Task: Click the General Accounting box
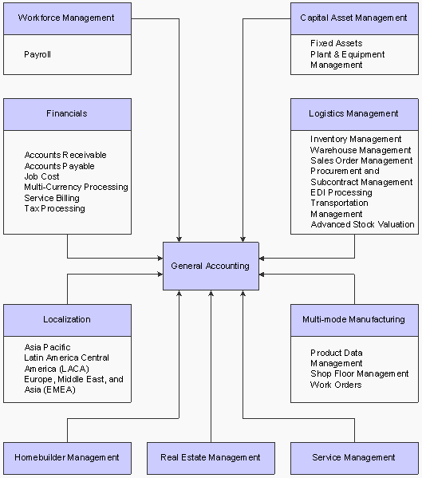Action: [211, 266]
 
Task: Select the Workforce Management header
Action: [67, 18]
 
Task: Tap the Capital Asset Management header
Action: [353, 18]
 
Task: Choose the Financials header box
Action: [67, 114]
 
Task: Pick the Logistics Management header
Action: [353, 114]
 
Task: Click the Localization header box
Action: [67, 320]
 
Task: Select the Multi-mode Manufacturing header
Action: [353, 320]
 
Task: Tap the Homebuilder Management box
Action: [67, 457]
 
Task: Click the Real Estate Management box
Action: [211, 457]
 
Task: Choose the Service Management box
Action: [353, 457]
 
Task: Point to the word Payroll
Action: [38, 55]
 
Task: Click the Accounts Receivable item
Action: [65, 155]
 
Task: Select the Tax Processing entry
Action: [54, 208]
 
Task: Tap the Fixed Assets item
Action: [336, 43]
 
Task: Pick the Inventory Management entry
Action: [356, 139]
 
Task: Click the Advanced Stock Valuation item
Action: [362, 225]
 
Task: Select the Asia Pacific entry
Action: [47, 347]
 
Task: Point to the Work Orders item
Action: [336, 385]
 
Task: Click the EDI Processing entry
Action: [341, 192]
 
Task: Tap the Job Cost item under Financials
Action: [42, 176]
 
